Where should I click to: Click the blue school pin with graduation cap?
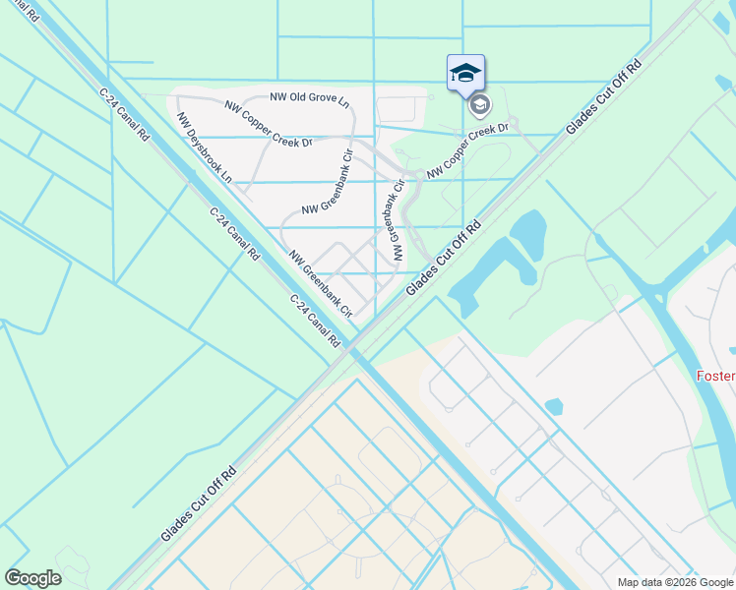coord(465,72)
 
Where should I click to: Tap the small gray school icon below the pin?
coord(479,104)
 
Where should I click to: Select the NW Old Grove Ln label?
coord(310,100)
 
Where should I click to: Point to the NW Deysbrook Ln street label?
coord(205,148)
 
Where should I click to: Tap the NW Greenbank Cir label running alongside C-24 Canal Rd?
coord(321,284)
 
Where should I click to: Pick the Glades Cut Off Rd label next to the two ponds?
coord(444,257)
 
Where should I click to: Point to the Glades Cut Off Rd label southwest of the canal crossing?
coord(200,502)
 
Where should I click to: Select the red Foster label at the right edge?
coord(715,376)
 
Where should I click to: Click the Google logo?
coord(32,578)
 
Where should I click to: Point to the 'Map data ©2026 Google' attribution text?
coord(673,582)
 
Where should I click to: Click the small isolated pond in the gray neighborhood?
coord(553,406)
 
